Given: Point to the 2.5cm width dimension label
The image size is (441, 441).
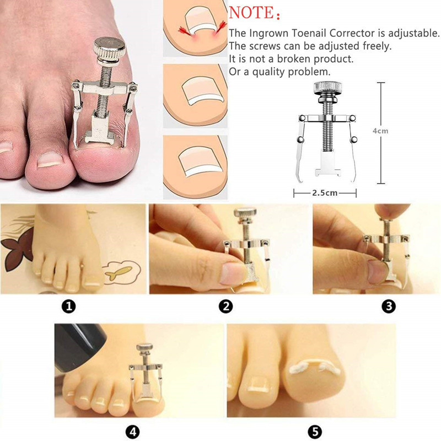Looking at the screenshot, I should point(325,193).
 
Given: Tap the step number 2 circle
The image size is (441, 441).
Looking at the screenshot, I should point(225,306).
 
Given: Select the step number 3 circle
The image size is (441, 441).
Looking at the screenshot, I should point(389,306).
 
